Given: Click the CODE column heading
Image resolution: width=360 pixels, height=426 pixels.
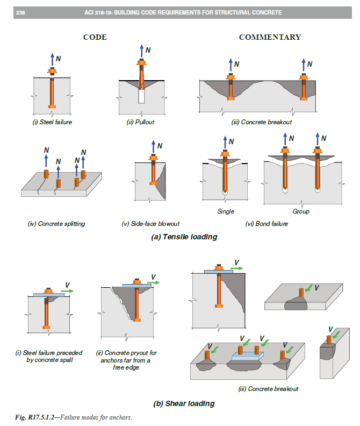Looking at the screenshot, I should [x=95, y=37].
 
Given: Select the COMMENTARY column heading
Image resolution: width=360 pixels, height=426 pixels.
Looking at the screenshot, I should [x=270, y=37].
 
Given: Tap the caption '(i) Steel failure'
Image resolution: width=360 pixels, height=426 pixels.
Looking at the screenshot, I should [x=52, y=122].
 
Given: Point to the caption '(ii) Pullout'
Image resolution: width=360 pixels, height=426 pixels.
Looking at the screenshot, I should [x=140, y=122].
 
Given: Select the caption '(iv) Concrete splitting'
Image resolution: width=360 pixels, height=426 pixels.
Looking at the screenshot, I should [x=56, y=223].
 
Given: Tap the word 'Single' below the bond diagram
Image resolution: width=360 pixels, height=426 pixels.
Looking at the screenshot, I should [x=226, y=211].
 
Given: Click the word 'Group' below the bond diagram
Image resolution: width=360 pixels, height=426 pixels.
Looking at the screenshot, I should [x=301, y=211].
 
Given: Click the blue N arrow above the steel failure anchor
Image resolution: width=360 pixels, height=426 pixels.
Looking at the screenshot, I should [x=52, y=59].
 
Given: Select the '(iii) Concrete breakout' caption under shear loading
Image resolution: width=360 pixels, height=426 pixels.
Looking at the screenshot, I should [x=268, y=388].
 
